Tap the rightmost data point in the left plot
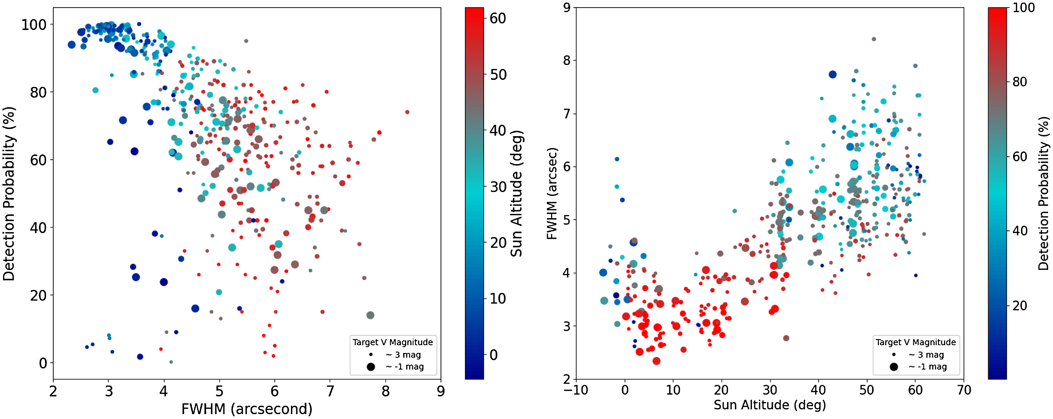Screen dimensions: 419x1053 (x=407, y=112)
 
